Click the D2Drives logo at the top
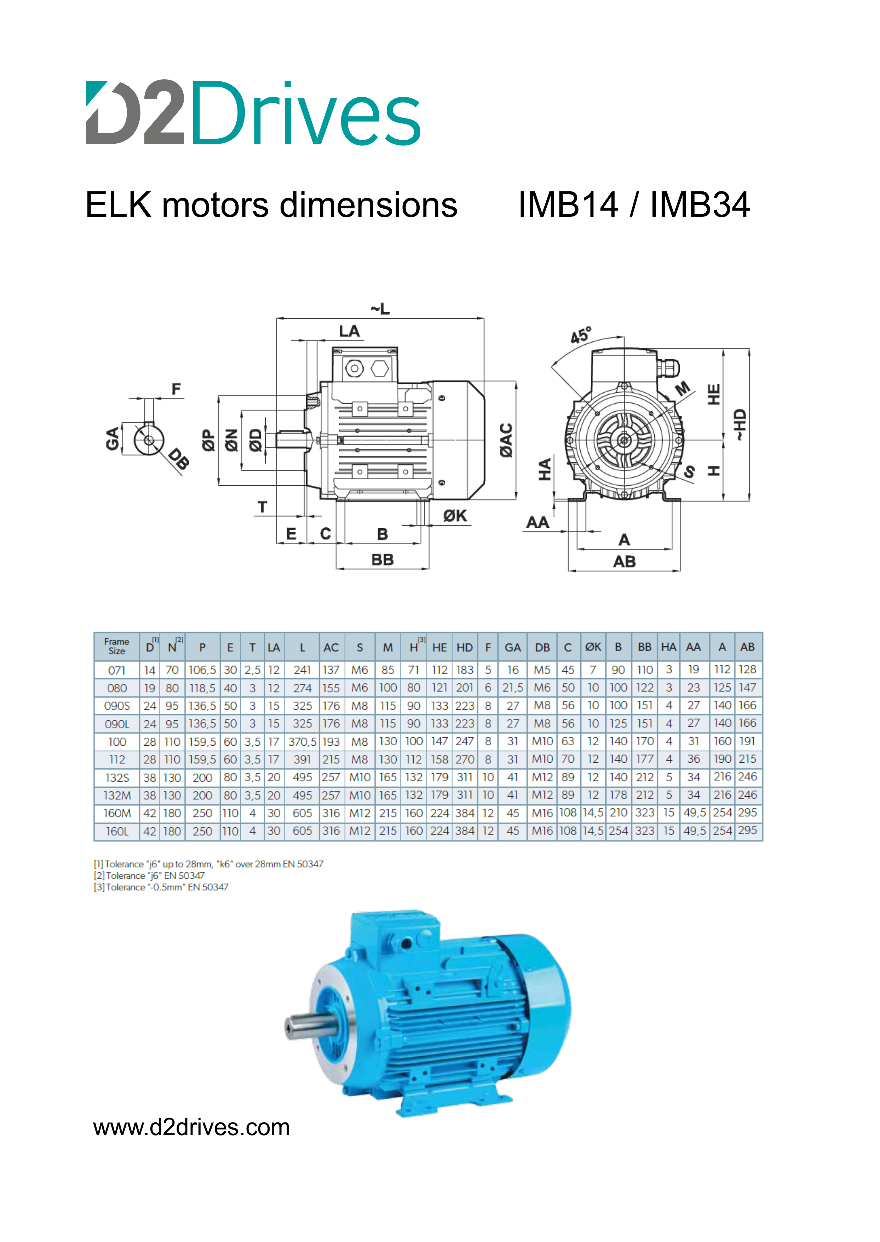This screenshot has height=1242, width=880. tap(253, 112)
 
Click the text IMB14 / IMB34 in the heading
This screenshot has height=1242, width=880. tap(634, 205)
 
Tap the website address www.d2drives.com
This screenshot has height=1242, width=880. tap(192, 1127)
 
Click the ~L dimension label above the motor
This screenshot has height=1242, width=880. tap(380, 309)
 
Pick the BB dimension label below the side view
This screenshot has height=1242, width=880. tap(383, 560)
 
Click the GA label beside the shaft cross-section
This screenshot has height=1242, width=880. tap(112, 439)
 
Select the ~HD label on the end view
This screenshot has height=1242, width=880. tap(740, 425)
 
